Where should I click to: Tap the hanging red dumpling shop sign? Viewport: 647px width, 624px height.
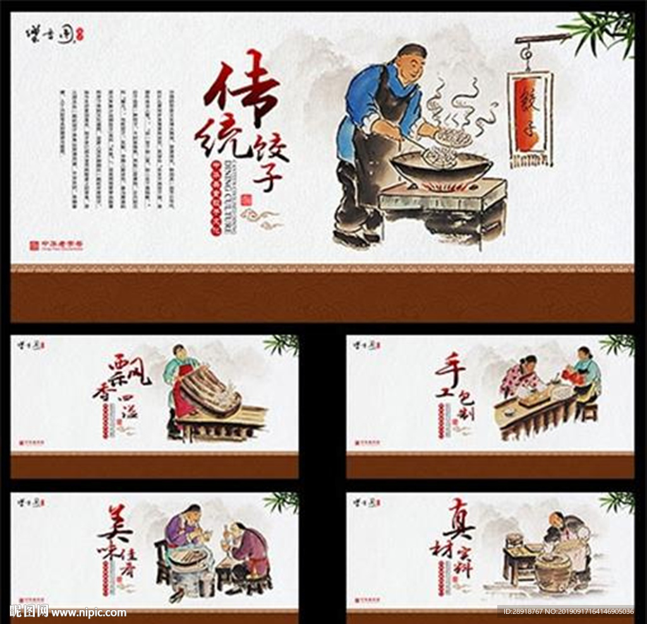coord(529,114)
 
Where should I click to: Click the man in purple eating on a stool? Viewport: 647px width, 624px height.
coord(250,549)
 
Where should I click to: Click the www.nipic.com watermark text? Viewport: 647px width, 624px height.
coord(88,612)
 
